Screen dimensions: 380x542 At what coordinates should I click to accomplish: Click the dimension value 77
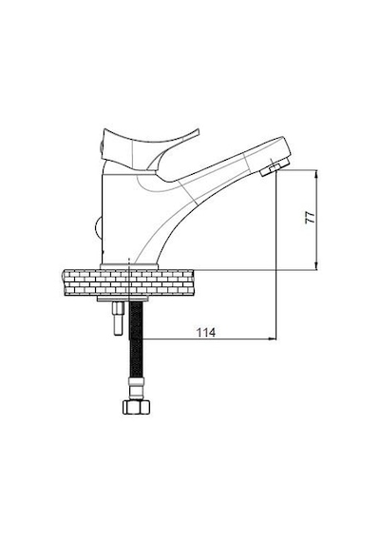(x=311, y=217)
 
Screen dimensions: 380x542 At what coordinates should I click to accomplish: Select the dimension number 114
(x=206, y=333)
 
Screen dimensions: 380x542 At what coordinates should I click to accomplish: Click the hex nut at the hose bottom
(x=137, y=407)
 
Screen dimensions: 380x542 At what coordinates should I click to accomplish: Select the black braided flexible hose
(x=136, y=339)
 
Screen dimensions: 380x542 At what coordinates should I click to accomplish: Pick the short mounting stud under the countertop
(x=118, y=319)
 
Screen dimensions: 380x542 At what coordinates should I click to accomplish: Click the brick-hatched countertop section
(x=128, y=283)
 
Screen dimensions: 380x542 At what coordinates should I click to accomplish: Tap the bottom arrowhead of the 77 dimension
(x=315, y=266)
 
